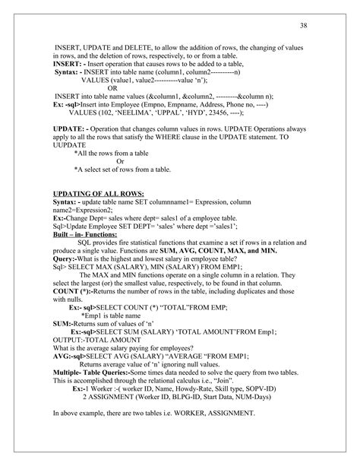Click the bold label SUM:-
tap(62, 324)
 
